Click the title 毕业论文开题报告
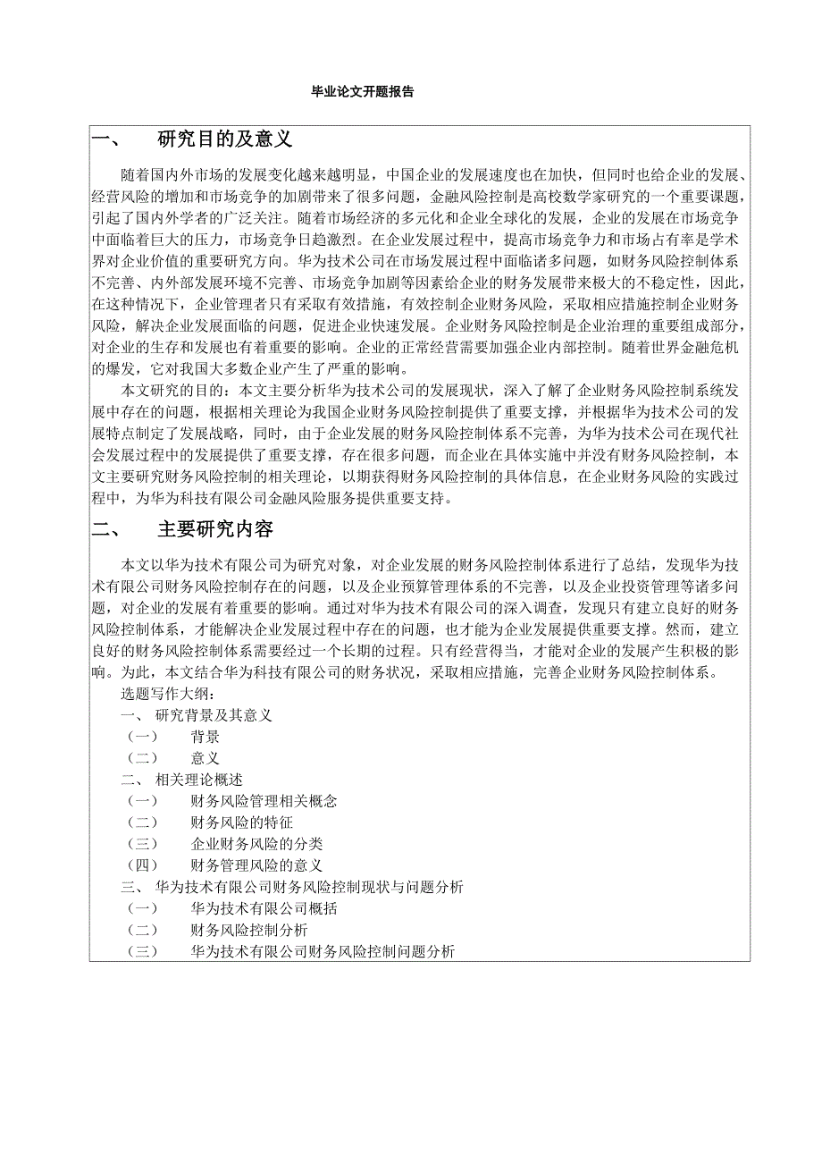click(361, 91)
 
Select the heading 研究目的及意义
click(224, 139)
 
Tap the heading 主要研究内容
click(215, 529)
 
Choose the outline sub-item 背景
click(205, 737)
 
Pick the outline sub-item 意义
click(205, 758)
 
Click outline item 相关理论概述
click(198, 780)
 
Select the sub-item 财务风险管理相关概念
click(264, 801)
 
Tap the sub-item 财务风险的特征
click(241, 822)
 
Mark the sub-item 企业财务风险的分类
click(256, 844)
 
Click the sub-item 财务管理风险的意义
click(256, 865)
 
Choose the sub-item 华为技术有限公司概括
click(264, 908)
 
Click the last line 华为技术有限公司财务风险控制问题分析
click(323, 952)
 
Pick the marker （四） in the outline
click(141, 865)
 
